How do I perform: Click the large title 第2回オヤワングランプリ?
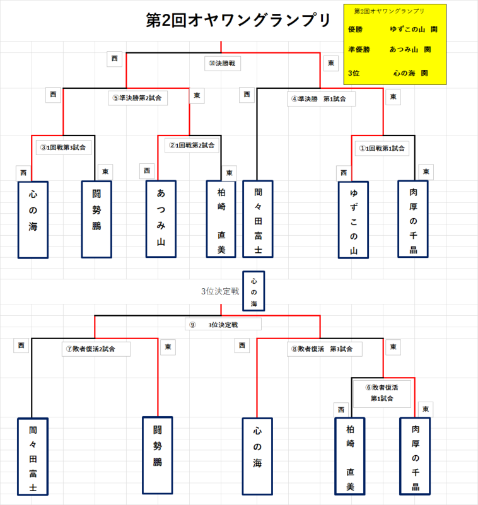(238, 21)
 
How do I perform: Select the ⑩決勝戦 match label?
(223, 64)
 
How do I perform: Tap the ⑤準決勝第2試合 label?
(137, 98)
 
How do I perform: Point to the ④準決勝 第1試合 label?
(321, 98)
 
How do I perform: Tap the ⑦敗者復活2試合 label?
(96, 349)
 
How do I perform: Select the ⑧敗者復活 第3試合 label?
(325, 348)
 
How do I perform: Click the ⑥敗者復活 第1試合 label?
(381, 393)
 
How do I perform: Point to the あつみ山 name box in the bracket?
(161, 219)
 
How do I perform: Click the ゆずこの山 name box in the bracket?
(353, 219)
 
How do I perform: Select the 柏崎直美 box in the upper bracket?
(221, 219)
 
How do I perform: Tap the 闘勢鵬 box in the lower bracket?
(158, 454)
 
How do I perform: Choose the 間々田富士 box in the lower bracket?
(33, 456)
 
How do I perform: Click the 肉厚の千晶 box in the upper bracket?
(413, 218)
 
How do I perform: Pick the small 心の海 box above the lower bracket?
(254, 291)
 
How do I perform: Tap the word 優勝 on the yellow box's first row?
(355, 30)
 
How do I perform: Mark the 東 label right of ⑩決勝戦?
(331, 63)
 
